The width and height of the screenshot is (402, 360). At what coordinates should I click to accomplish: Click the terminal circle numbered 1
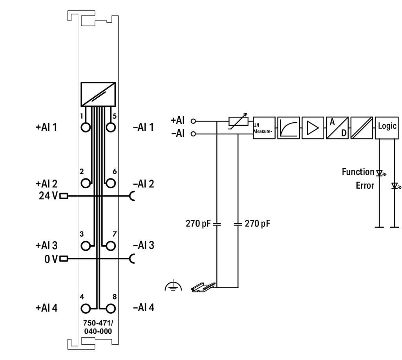click(86, 127)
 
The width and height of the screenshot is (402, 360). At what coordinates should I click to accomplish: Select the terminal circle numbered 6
click(111, 183)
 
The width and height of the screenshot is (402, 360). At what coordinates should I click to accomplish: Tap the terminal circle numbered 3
click(86, 246)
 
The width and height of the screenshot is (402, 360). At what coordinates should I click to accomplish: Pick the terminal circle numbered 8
click(111, 308)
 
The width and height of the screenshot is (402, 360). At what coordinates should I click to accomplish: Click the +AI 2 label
click(46, 184)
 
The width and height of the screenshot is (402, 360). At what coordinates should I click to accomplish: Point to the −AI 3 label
click(143, 245)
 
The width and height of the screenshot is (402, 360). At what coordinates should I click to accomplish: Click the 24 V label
click(48, 195)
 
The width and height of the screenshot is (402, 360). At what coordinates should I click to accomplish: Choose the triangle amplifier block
click(313, 127)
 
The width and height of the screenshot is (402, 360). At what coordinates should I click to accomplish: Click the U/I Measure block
click(264, 127)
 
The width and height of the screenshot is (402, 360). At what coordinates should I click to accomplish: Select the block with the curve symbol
click(289, 127)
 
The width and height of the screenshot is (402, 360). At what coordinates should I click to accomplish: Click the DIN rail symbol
click(203, 287)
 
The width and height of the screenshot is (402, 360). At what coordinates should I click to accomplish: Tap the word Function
click(358, 172)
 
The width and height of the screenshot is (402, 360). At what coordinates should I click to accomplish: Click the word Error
click(365, 185)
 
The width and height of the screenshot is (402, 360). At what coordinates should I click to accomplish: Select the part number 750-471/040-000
click(97, 327)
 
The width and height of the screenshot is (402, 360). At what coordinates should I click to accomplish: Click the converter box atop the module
click(98, 94)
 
